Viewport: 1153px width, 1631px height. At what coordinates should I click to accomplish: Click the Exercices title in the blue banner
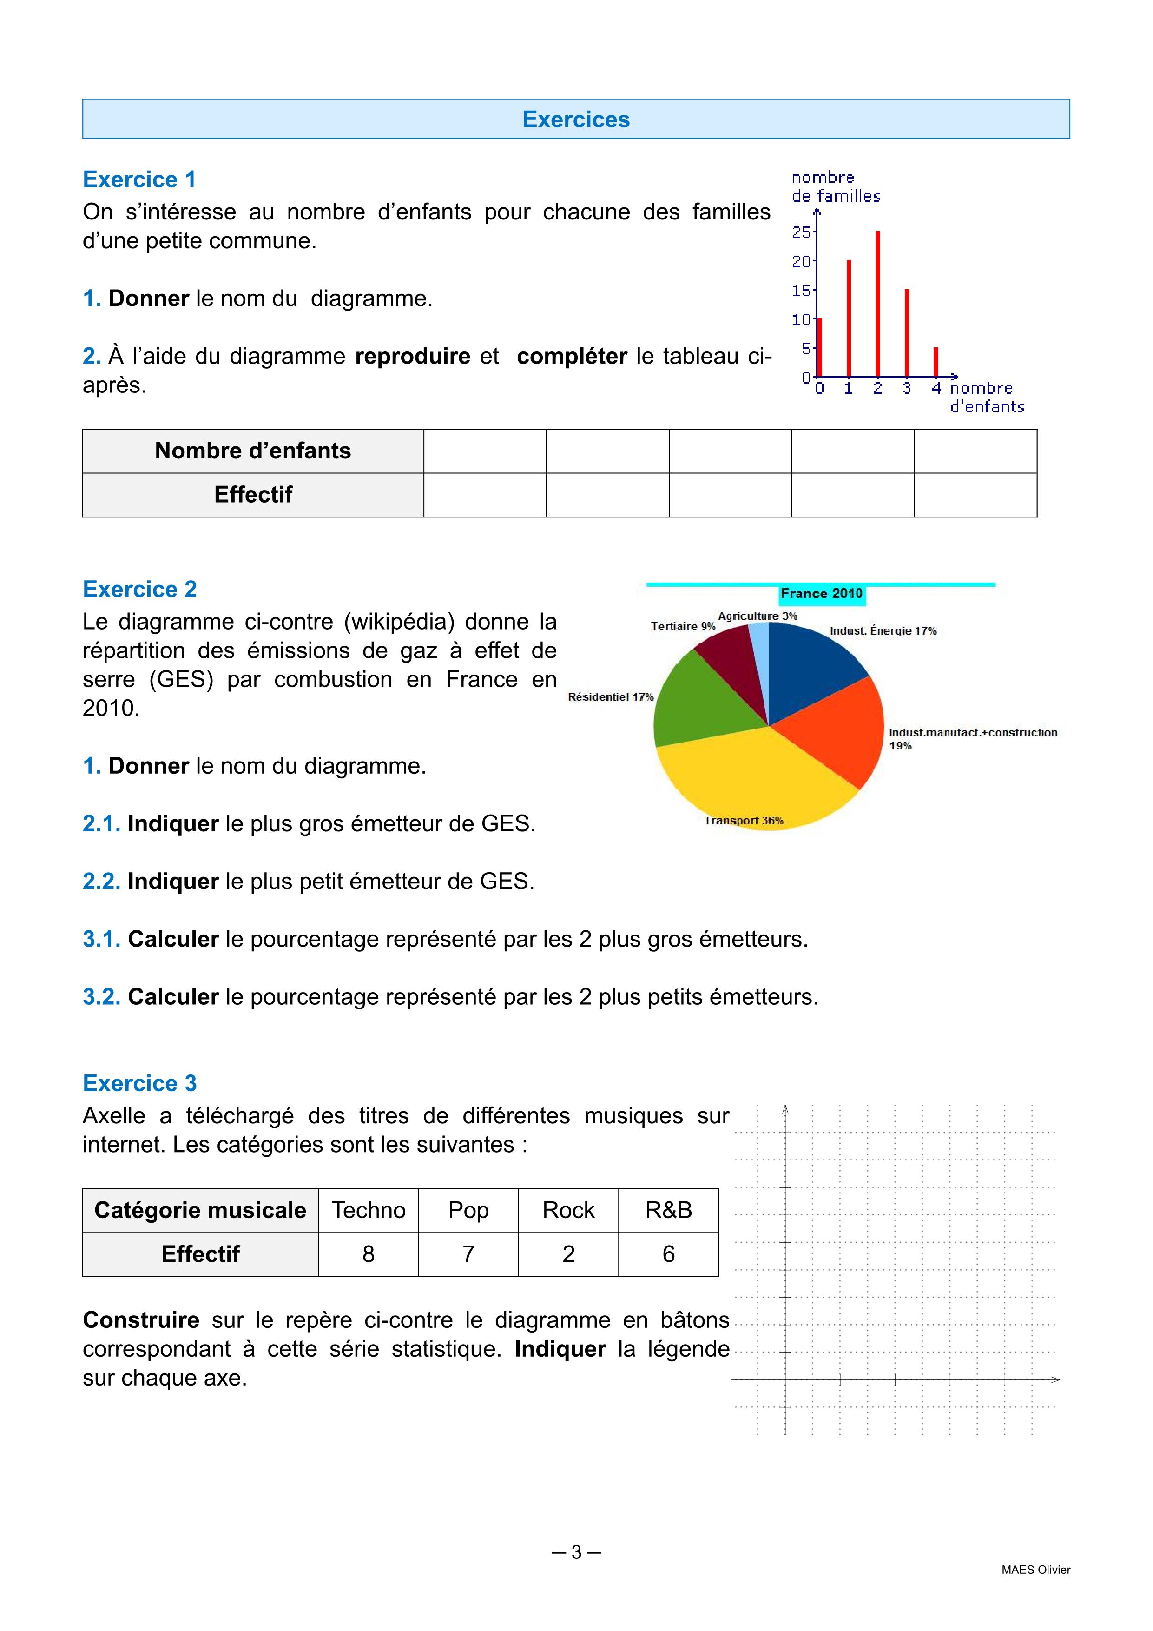point(576,119)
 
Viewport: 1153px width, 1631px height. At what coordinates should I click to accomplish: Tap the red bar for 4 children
point(936,362)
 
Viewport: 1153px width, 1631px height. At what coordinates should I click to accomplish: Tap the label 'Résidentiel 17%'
point(610,697)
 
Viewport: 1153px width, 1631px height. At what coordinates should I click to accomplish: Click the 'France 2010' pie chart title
point(822,593)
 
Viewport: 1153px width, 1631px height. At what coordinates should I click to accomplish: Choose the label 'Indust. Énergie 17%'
point(883,631)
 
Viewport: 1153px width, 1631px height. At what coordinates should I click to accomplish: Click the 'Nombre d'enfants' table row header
point(253,451)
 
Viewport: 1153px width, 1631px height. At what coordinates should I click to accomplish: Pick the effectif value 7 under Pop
point(468,1254)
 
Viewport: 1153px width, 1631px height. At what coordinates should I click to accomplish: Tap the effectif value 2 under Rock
point(568,1254)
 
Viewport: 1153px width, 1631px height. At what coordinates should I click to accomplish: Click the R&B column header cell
point(668,1210)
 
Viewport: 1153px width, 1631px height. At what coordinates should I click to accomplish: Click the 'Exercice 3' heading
point(140,1083)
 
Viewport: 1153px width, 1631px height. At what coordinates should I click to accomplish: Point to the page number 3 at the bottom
point(576,1552)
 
